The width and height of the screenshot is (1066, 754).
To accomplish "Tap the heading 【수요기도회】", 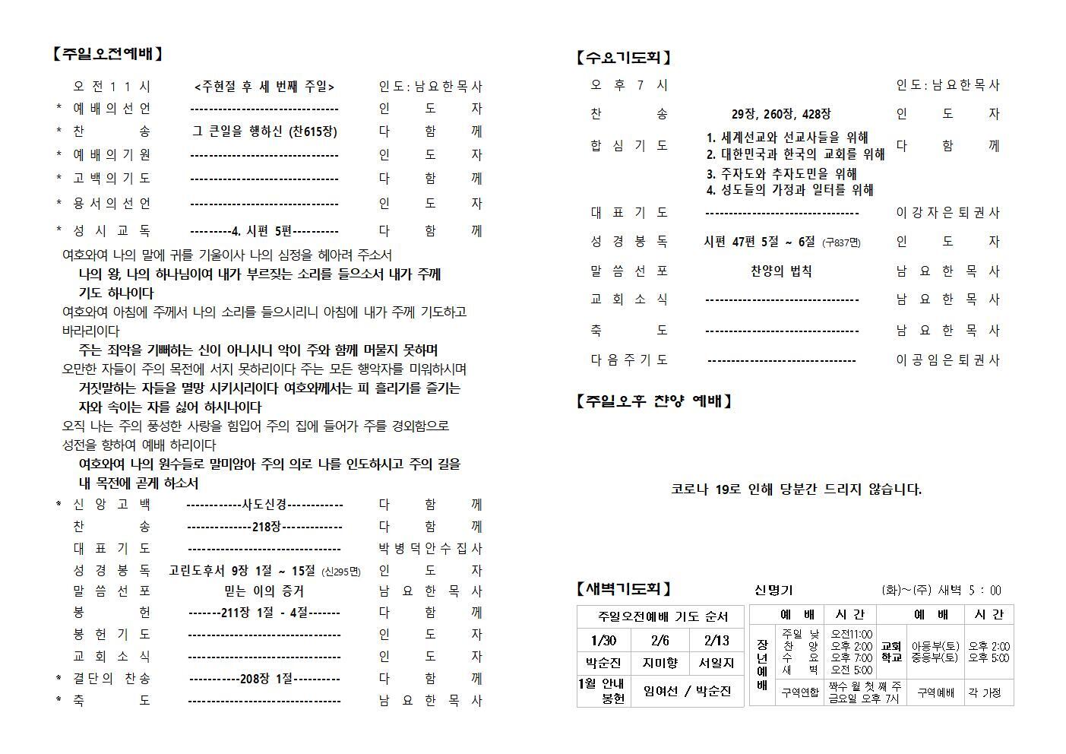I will pos(625,57).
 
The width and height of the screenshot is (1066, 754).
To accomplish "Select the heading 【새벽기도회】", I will pos(625,589).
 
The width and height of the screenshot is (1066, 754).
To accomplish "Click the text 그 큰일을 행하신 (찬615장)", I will pos(264,131).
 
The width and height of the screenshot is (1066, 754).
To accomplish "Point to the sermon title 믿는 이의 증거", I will pos(264,591).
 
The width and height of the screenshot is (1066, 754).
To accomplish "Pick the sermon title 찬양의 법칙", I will pos(781,271).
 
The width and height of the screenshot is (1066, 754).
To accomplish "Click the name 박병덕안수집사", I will pos(430,548).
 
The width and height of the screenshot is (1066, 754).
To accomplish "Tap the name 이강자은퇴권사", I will pos(947,213).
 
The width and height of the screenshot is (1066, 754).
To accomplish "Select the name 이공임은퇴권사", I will pos(947,360).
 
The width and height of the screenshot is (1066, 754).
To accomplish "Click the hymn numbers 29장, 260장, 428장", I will pos(781,114).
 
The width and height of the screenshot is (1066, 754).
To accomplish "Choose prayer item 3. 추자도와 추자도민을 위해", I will pos(781,173).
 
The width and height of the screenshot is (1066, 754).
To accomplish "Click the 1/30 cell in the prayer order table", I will pos(603,640).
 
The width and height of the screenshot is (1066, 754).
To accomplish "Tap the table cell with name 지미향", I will pos(660,663).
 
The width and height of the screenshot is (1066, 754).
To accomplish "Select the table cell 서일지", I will pos(716,663).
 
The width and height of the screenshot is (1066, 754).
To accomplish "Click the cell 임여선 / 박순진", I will pos(687,691).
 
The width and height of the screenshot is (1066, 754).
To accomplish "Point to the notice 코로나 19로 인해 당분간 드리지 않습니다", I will pos(796,489).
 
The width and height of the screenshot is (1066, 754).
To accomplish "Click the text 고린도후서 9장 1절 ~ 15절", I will pos(242,570).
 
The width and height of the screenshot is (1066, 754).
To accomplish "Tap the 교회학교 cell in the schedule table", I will pos(890,651).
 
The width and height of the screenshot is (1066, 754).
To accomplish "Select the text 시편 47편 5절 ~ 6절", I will pos(759,242).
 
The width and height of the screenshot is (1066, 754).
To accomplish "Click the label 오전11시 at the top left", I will pos(111,87).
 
